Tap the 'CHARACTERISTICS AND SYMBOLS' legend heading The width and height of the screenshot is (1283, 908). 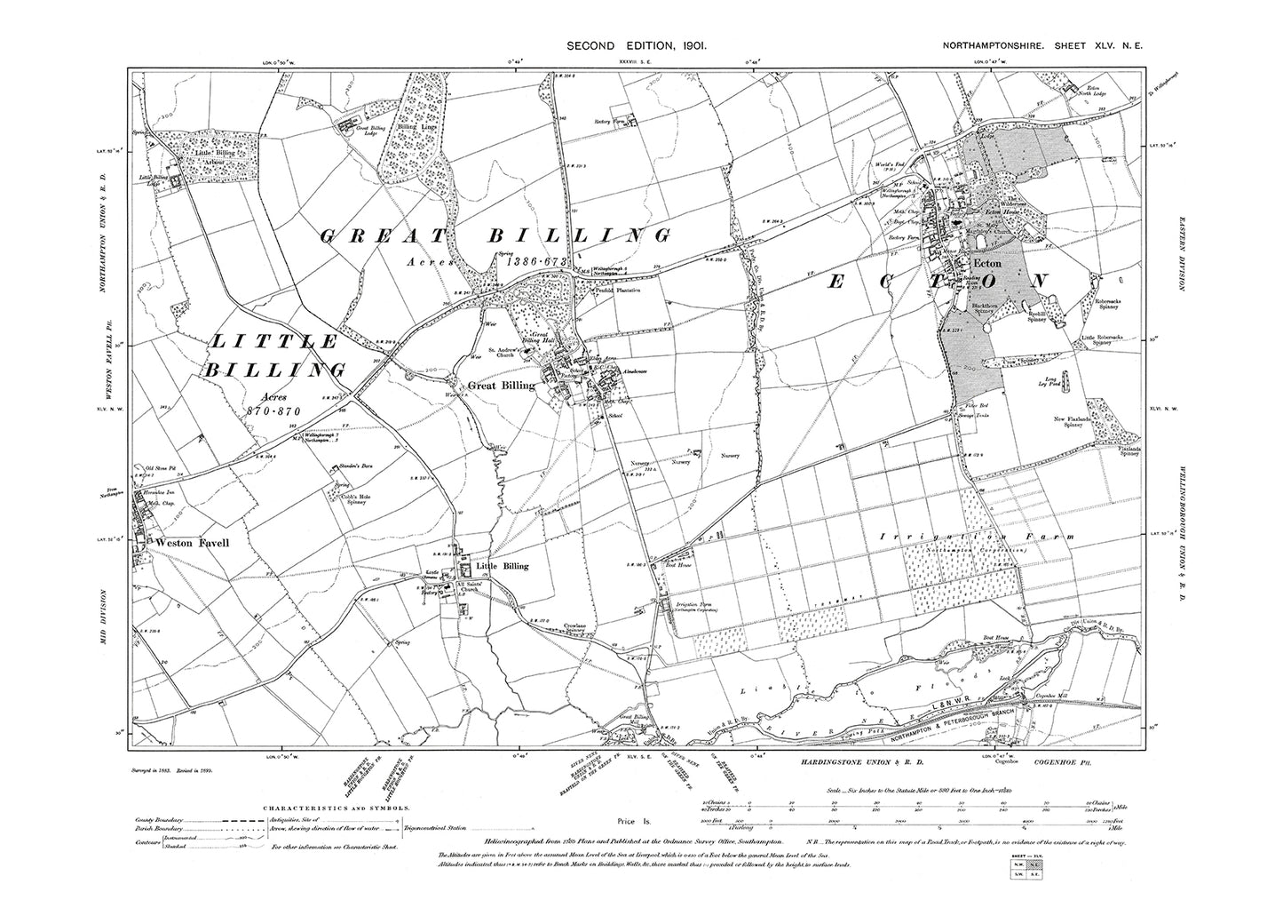pos(337,808)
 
